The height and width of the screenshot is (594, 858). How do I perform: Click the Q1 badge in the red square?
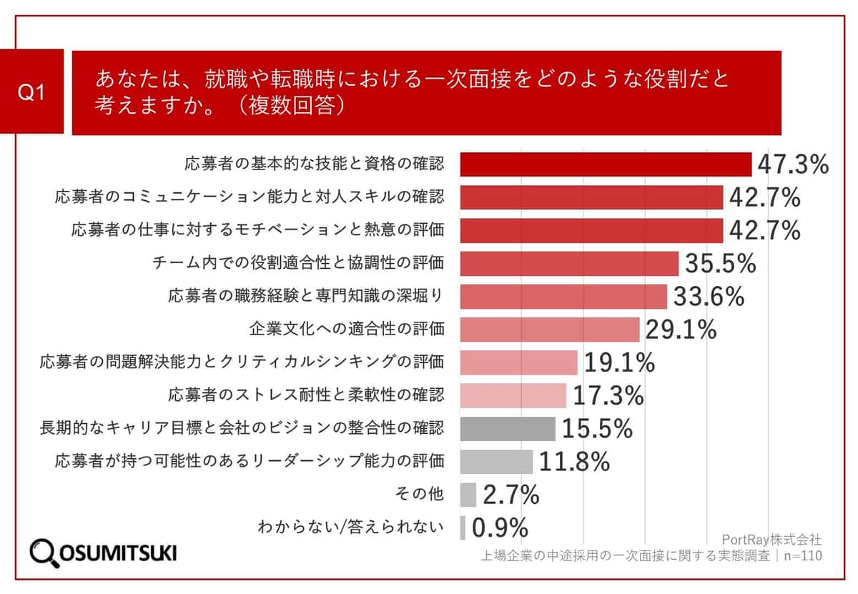click(x=31, y=92)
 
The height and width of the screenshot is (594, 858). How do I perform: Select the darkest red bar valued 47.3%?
click(x=605, y=164)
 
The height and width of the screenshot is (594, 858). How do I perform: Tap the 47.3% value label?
click(x=792, y=164)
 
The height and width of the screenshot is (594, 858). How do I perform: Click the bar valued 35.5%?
click(x=568, y=263)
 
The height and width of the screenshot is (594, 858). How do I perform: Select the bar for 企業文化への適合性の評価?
click(x=549, y=330)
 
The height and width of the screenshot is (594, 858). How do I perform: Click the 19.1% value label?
click(x=619, y=362)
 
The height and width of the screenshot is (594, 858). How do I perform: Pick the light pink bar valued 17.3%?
click(x=513, y=395)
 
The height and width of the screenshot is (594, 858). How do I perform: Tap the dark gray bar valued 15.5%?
click(x=507, y=428)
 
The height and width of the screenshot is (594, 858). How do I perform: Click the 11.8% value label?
click(x=574, y=461)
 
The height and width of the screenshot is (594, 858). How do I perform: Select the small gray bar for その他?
click(x=468, y=494)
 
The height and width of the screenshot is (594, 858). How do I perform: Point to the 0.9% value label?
click(x=500, y=528)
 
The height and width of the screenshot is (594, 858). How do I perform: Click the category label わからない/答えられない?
click(x=350, y=528)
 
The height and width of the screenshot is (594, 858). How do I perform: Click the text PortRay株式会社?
click(x=772, y=538)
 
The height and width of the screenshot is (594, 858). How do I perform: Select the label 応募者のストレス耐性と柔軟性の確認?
click(x=306, y=395)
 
